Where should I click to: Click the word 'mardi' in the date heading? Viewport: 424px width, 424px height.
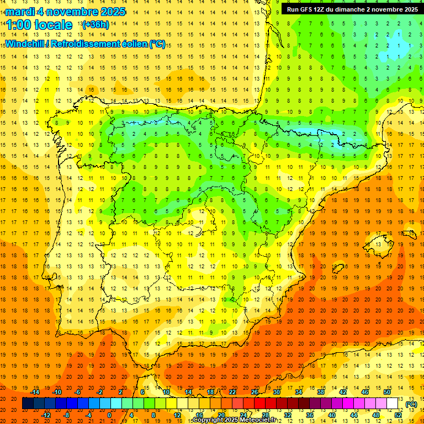coord(19,12)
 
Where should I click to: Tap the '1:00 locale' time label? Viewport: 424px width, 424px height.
coord(39,25)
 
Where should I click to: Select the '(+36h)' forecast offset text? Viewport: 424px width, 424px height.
coord(95,25)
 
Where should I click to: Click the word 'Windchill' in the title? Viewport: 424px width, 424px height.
coord(25,44)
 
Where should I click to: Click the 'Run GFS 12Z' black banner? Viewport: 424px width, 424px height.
coord(351,9)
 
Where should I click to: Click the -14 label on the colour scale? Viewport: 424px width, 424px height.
coord(35,392)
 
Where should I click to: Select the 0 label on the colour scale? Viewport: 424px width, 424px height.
coord(109,415)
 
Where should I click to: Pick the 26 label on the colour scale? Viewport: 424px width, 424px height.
coord(255,392)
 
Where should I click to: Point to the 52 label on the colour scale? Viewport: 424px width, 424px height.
coord(399,415)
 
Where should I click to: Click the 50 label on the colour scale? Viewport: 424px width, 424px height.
coord(387,392)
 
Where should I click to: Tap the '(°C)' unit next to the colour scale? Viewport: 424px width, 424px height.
coord(411,404)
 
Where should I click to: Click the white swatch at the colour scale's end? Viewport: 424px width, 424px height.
coord(393,404)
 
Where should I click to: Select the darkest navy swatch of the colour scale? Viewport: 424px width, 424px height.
coord(28,404)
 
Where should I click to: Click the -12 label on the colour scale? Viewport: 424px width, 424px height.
coord(46,415)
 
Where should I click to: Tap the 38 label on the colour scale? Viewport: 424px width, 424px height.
coord(321,392)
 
